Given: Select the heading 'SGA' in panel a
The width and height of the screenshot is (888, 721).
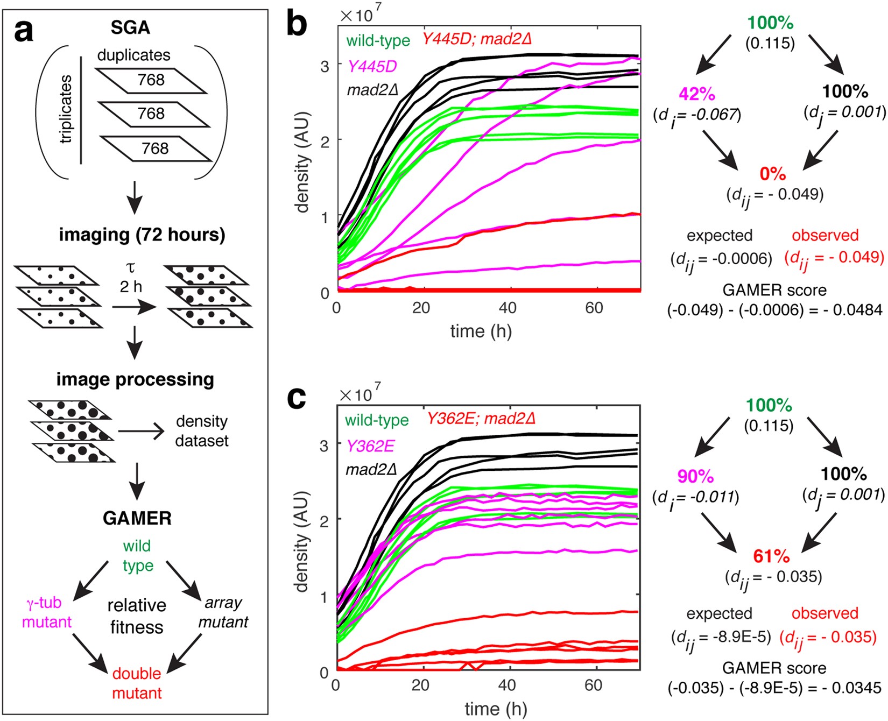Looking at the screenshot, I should pos(130,28).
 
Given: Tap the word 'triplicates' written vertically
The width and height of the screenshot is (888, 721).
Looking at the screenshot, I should pos(66,109).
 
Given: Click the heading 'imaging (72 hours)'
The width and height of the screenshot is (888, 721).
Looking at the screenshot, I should pos(142,235).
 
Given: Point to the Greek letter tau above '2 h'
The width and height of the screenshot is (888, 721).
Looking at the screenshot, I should pos(130,267).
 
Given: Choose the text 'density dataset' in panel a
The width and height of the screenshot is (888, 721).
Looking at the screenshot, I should pos(202,431).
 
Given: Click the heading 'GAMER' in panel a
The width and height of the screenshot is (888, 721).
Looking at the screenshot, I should pos(137,518).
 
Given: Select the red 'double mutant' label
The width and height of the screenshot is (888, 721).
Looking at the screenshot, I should pos(137,683).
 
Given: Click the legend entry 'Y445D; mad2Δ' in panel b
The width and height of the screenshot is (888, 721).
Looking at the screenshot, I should pos(477,39).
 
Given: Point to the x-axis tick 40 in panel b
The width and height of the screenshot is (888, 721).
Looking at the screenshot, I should pos(508,308).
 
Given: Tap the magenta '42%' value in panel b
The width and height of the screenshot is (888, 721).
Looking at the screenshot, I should pos(697,94).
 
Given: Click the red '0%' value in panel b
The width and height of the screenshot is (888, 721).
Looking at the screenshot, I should pos(773,174).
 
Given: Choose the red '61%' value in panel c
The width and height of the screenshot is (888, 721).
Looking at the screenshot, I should pos(771,556).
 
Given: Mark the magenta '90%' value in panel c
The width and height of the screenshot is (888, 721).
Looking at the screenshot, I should pos(695,476).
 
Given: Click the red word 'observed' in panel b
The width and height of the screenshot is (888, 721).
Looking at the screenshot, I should pos(825,236).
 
